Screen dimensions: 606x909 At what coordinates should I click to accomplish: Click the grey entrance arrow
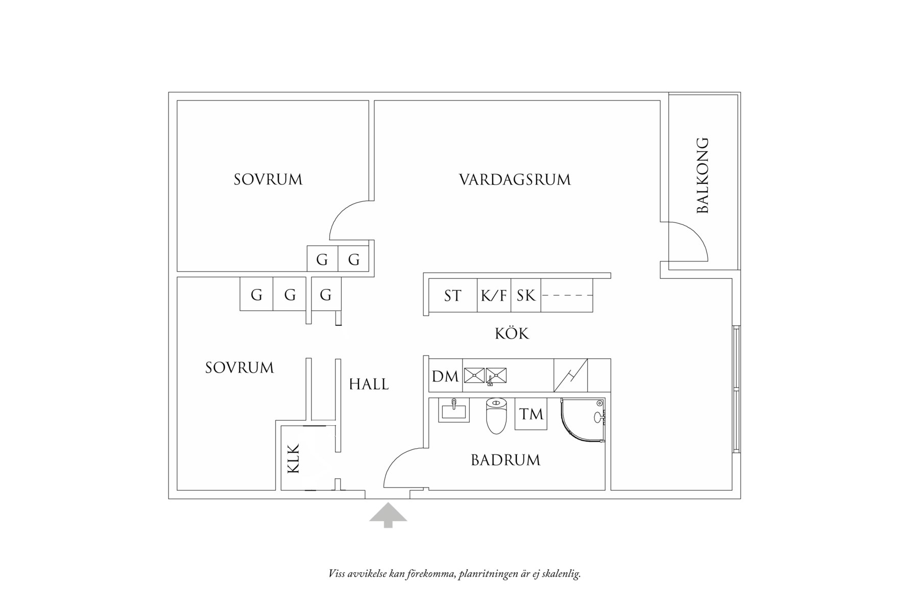tap(388, 514)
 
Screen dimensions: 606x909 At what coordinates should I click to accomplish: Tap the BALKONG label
tap(703, 175)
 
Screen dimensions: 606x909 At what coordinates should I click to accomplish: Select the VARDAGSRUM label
tap(514, 180)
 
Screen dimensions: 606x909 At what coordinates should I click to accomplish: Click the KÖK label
tap(512, 333)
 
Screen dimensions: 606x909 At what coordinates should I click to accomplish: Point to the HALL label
tap(369, 384)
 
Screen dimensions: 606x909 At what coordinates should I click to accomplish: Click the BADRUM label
tap(505, 460)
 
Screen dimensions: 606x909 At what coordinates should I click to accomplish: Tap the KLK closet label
tap(293, 458)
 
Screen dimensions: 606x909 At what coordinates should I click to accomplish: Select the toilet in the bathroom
tap(495, 416)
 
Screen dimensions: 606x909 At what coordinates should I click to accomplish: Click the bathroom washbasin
tap(453, 410)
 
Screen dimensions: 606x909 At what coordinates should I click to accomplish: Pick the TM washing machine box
tap(531, 414)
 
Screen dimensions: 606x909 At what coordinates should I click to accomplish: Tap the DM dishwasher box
tap(445, 377)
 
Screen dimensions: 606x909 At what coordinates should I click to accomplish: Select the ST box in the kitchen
tap(452, 296)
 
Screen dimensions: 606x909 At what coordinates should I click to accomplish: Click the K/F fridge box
tap(494, 296)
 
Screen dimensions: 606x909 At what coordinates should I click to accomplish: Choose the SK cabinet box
tap(525, 296)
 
